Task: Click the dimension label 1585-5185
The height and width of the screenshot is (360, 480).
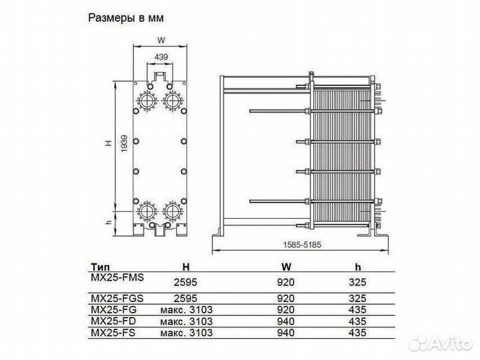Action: click(x=296, y=246)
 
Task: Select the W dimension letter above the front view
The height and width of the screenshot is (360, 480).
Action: click(x=161, y=39)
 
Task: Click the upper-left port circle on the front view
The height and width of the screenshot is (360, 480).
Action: click(x=146, y=100)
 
